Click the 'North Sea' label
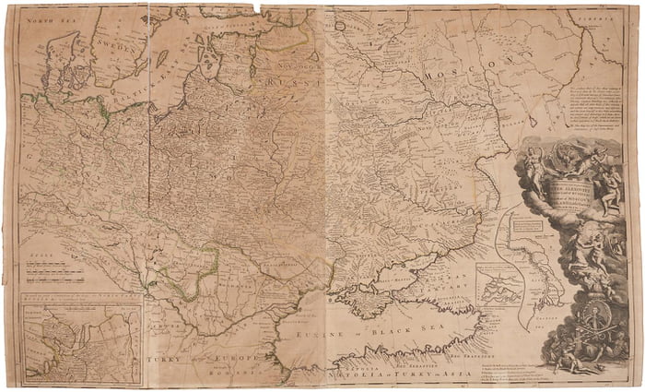click(x=49, y=19)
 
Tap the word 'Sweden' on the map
click(x=113, y=47)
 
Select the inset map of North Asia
click(x=82, y=343)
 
